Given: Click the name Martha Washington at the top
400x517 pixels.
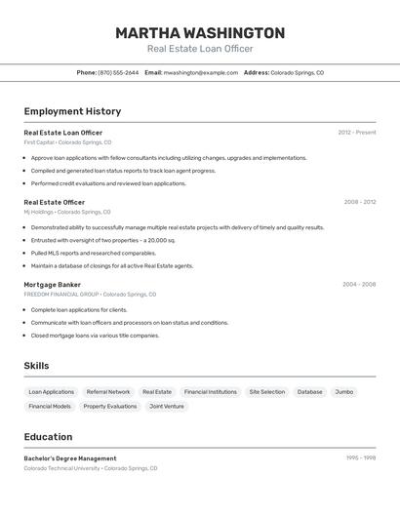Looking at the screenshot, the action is (200, 33).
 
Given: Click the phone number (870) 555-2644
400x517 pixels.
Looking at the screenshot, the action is (118, 73).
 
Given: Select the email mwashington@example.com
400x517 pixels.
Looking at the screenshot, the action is (201, 73).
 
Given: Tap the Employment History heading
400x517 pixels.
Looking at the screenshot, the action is (72, 112).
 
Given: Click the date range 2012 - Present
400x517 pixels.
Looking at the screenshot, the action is (356, 133).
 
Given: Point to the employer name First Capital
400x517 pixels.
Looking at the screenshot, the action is (39, 142).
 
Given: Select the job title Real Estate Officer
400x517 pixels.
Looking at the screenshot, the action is (54, 203).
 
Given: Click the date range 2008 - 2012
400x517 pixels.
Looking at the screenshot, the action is (359, 203).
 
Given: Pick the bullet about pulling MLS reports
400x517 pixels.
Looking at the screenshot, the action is (93, 253).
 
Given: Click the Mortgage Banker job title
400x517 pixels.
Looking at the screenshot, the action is (52, 285).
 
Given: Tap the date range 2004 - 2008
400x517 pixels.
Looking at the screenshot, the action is (359, 285).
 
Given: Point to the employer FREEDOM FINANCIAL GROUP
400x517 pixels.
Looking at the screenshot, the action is (61, 294).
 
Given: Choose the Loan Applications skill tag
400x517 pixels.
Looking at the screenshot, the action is (51, 392).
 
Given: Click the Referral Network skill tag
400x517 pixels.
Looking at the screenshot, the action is (107, 392).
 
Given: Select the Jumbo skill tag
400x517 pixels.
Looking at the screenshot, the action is (343, 392).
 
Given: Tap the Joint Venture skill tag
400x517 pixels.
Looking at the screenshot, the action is (166, 406).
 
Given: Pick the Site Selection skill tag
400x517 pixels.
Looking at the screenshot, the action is (266, 392).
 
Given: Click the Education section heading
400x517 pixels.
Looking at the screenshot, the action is (48, 437).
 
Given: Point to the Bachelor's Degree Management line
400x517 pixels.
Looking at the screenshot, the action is (70, 458).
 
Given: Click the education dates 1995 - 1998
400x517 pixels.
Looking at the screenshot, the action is (360, 457).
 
